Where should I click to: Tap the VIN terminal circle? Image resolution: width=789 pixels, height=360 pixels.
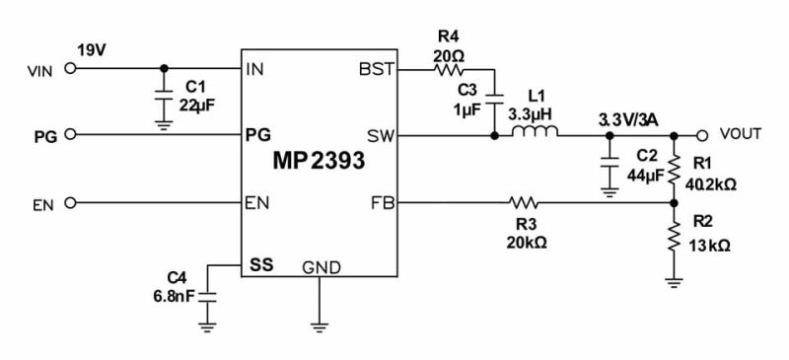click(x=69, y=69)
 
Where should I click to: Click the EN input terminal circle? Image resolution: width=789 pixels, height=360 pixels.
click(x=69, y=204)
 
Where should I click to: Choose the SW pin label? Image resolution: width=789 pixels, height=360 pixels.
click(x=380, y=136)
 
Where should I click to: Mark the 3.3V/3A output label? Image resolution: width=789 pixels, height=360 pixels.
click(x=631, y=119)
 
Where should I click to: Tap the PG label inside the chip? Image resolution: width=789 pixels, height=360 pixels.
click(x=257, y=136)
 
